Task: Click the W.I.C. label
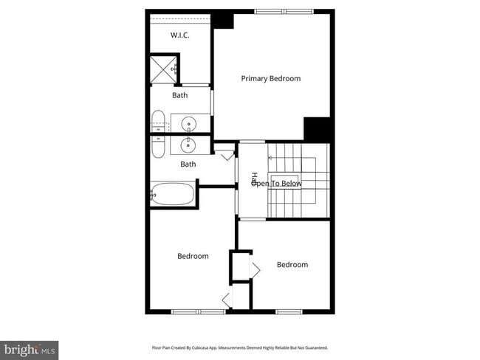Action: (x=181, y=35)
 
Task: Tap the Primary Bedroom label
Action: (x=270, y=78)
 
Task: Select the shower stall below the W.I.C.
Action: (x=164, y=70)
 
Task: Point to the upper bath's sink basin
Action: (x=189, y=124)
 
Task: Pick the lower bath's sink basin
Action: (x=189, y=145)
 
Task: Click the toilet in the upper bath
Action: (x=158, y=121)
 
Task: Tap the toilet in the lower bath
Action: (x=158, y=145)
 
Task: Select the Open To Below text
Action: (x=277, y=183)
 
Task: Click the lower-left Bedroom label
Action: (x=193, y=256)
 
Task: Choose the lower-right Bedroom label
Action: (x=292, y=264)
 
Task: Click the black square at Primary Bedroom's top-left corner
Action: (x=223, y=20)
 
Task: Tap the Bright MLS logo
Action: (x=30, y=348)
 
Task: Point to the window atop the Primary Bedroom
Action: (x=283, y=11)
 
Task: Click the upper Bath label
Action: (x=180, y=95)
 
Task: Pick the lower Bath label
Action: (x=188, y=164)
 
